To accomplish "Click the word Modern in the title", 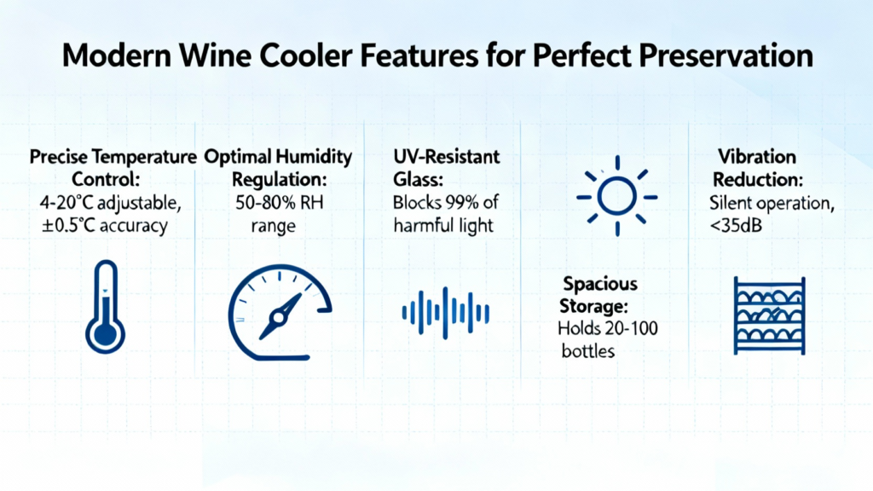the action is coord(116,55).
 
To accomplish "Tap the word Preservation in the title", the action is coord(726,55).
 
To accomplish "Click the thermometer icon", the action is coord(105,307).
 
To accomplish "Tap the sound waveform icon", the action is coord(445,312).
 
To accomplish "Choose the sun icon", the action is coord(617,196).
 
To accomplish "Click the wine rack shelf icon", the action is coord(770,315).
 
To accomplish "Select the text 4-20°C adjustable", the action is coord(110,203).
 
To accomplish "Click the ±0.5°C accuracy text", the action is coord(105,225).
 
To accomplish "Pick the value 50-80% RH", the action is coord(279,202).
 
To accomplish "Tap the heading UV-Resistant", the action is coord(447,157).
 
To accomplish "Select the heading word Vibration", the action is coord(757,157).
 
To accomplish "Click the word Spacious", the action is coord(600,284).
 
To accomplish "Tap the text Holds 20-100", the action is coord(607,328).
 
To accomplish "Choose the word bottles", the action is coord(588,351).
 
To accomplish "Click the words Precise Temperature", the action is coord(113,157).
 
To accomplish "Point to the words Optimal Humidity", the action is coord(279,158).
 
